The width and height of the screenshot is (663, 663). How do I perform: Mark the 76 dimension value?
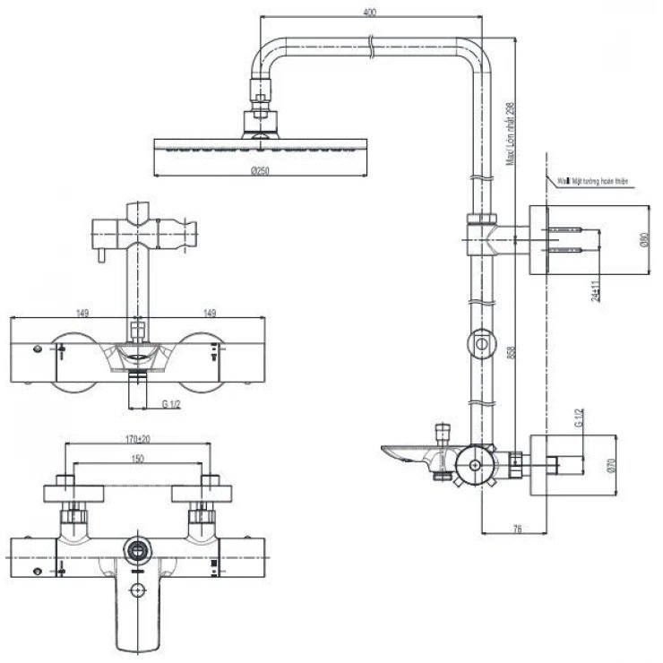click(517, 530)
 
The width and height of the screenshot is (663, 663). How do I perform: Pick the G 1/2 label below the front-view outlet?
click(172, 403)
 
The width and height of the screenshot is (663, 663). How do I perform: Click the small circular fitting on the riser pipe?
click(481, 342)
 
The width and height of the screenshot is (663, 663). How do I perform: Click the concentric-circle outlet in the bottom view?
click(138, 547)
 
